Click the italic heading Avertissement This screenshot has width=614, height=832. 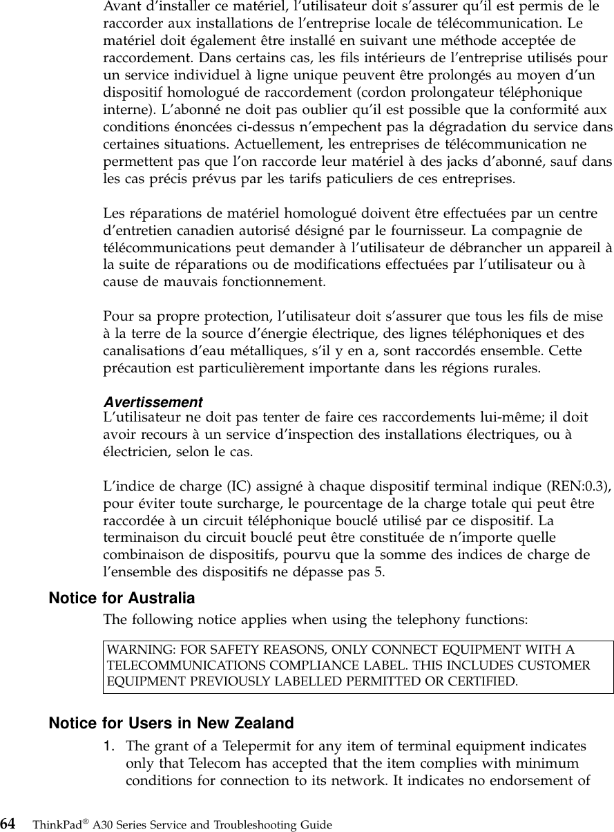(x=153, y=402)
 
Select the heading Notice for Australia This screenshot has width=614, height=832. (x=122, y=598)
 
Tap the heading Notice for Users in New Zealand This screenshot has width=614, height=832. (x=171, y=724)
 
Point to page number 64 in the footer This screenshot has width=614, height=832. (x=8, y=824)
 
